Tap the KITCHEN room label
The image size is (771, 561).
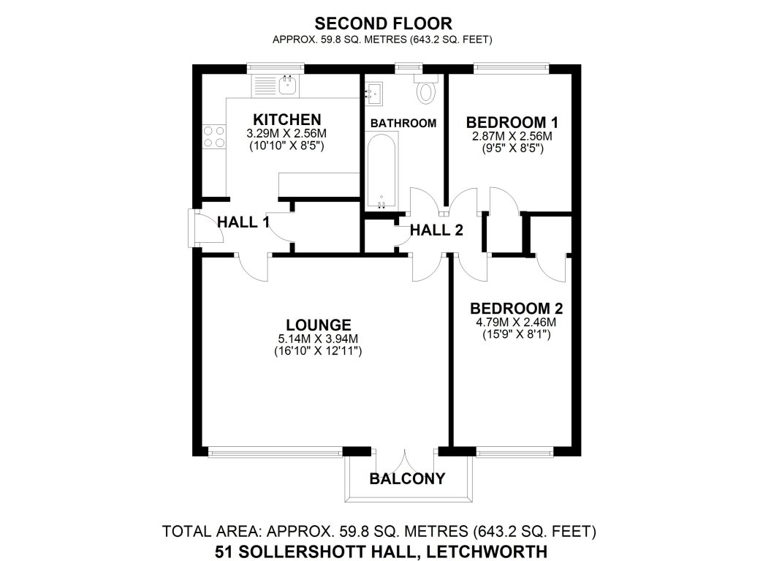click(x=286, y=119)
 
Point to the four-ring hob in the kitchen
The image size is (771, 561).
click(x=213, y=137)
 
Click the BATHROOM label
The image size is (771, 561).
click(x=403, y=123)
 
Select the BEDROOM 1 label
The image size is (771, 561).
click(x=506, y=121)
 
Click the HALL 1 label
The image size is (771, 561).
click(x=243, y=222)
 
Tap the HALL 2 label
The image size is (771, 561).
click(x=436, y=230)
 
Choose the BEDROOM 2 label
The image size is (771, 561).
click(x=516, y=308)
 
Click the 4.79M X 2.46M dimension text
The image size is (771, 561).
click(x=516, y=322)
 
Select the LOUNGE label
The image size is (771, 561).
click(x=319, y=325)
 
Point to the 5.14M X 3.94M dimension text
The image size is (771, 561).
click(x=319, y=339)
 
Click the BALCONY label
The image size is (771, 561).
click(x=407, y=480)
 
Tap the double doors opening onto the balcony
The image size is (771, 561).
click(x=406, y=461)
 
